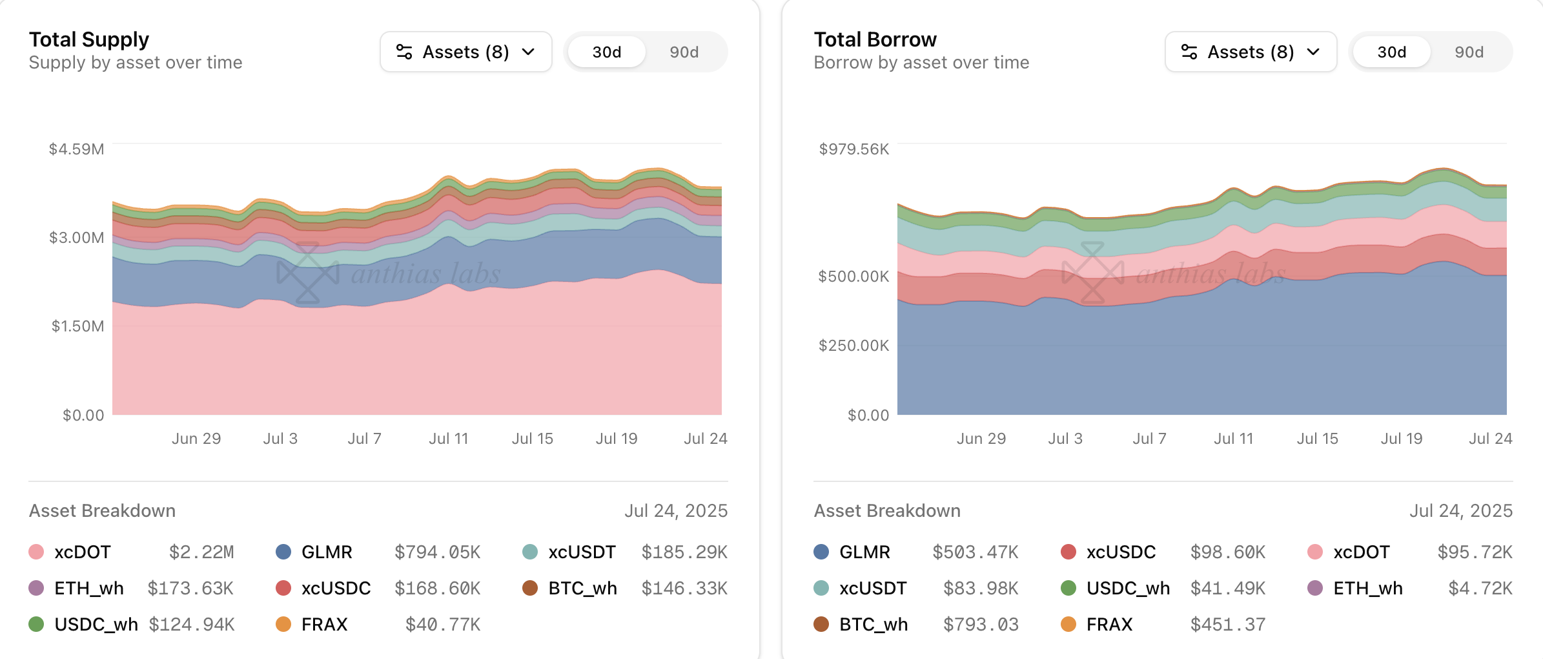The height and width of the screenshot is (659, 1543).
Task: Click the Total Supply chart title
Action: [x=89, y=39]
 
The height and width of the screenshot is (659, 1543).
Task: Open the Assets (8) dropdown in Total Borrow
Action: [x=1250, y=52]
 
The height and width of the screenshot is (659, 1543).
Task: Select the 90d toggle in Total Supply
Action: [x=684, y=52]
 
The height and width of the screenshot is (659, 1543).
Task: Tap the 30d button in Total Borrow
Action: [x=1391, y=52]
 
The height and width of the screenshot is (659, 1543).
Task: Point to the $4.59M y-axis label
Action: [x=76, y=149]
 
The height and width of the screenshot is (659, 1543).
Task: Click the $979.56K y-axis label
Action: [x=853, y=149]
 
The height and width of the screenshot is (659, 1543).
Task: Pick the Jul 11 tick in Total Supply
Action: [x=449, y=439]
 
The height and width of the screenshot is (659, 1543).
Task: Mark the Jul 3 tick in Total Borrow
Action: [x=1065, y=439]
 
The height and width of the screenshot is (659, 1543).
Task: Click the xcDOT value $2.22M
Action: [x=201, y=552]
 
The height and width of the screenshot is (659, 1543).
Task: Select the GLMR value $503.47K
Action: [x=975, y=552]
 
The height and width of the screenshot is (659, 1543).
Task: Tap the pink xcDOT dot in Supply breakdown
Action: [x=36, y=552]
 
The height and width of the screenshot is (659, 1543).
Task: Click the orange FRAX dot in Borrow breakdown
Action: [x=1068, y=625]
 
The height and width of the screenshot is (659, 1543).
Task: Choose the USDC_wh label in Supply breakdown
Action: [x=96, y=625]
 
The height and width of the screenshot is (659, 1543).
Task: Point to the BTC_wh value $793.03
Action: [x=981, y=625]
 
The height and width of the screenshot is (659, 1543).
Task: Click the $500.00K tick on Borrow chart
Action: [x=853, y=277]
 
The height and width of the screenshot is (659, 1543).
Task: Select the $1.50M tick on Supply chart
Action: [x=77, y=326]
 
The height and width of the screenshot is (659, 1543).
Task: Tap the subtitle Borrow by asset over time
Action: [x=921, y=63]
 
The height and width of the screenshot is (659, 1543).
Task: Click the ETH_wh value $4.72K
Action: [x=1480, y=589]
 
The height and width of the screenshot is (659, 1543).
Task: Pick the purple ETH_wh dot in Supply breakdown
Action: [x=36, y=589]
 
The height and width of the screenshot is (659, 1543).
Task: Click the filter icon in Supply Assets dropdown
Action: [x=404, y=52]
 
